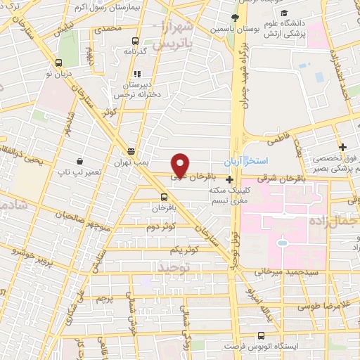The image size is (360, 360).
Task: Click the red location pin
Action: [x=181, y=164]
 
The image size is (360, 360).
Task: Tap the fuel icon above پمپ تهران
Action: [x=131, y=151]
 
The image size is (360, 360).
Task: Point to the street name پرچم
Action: [x=105, y=301]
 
